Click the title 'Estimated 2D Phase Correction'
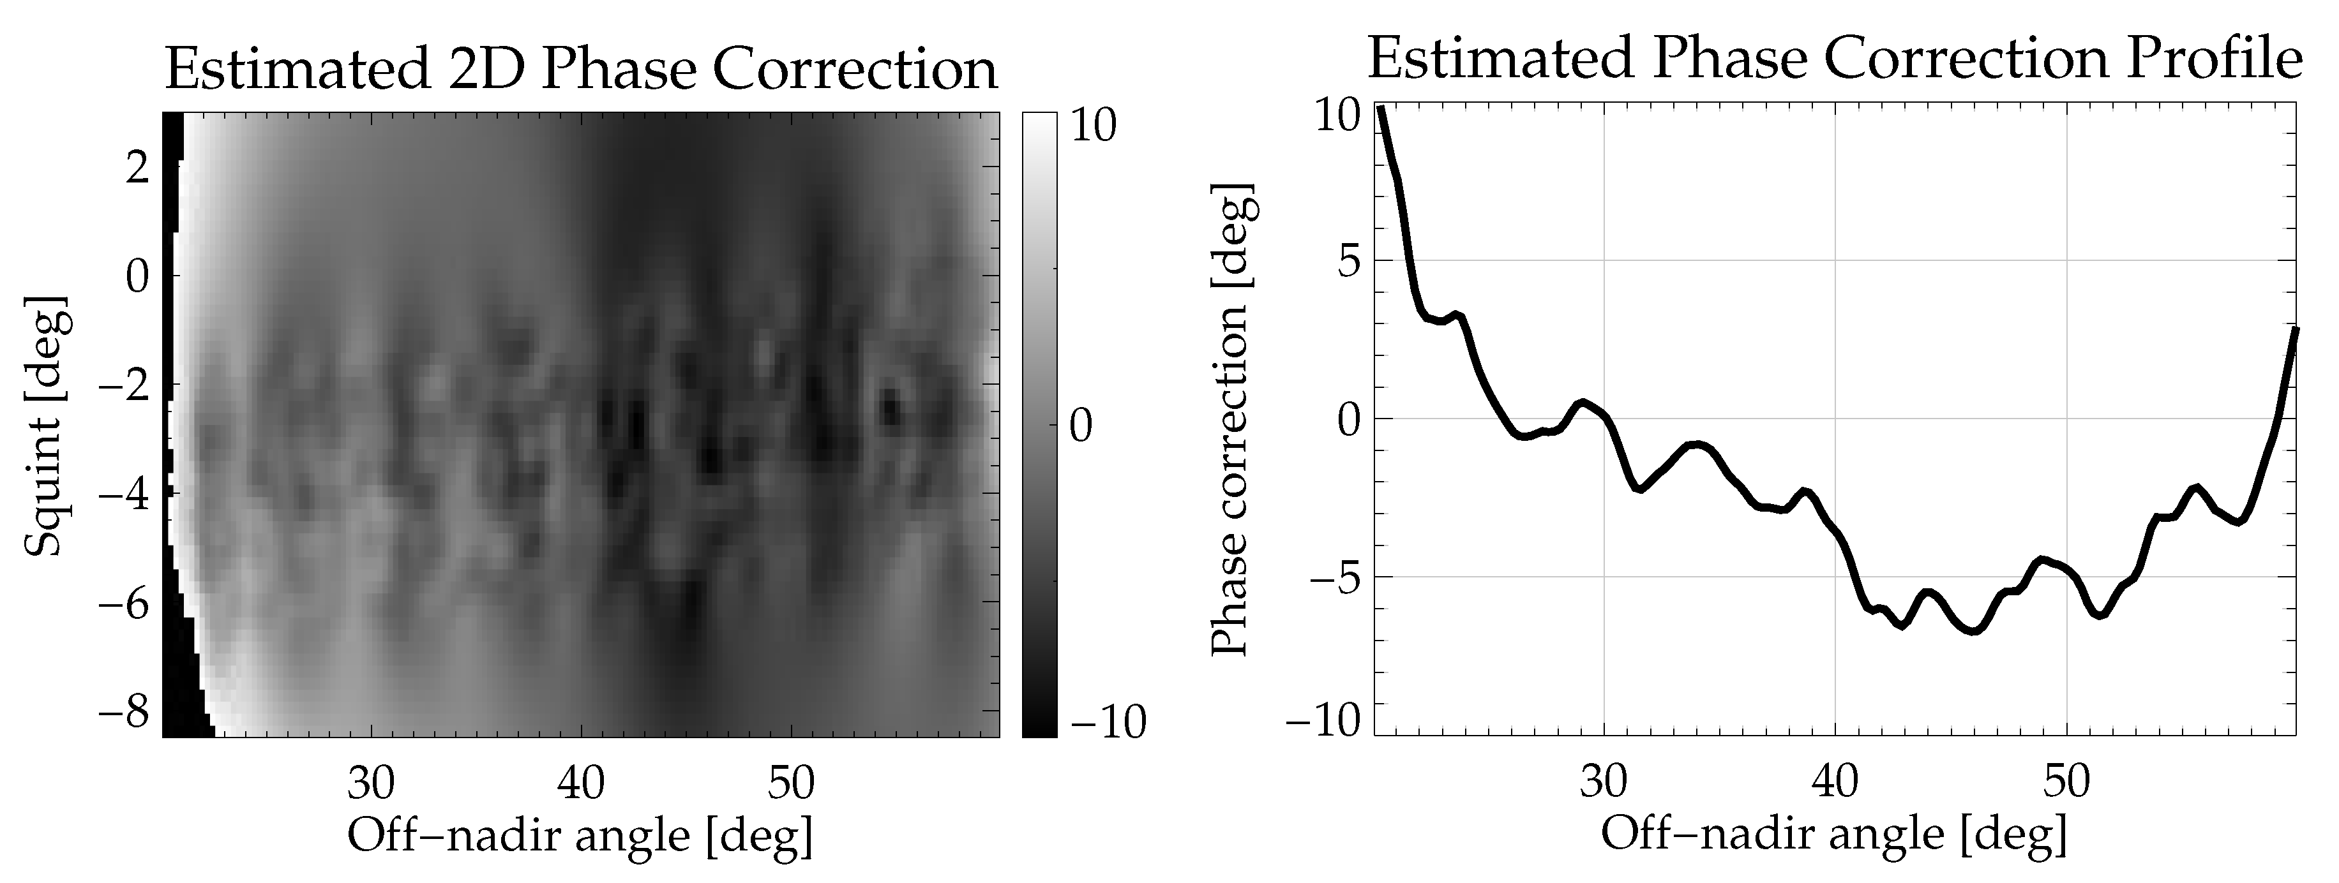tap(581, 69)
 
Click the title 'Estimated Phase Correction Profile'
tap(1834, 58)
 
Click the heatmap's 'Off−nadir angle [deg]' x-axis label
tap(581, 836)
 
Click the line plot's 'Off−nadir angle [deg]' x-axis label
tap(1834, 834)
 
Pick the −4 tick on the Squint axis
tap(124, 494)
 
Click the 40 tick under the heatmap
tap(581, 782)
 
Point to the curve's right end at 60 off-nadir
tap(2294, 330)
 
